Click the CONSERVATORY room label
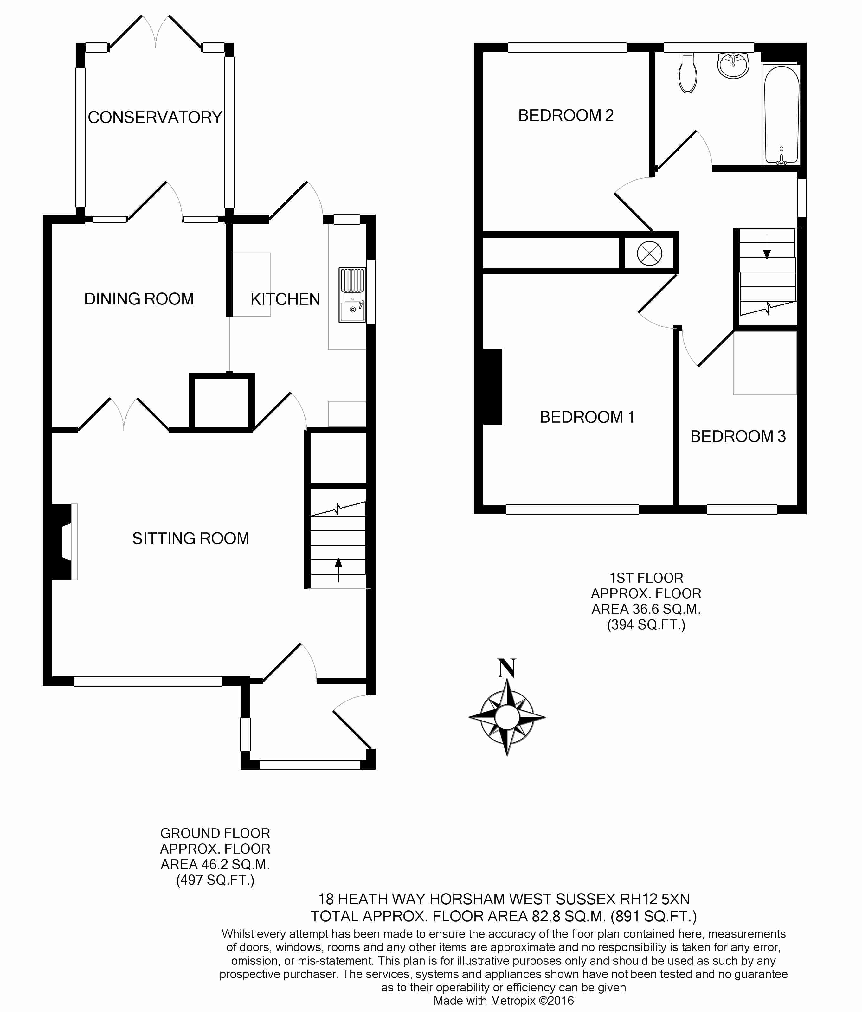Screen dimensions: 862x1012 155,117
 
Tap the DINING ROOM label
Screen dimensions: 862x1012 139,299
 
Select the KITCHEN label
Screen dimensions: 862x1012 285,299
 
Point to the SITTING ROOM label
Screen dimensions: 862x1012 190,538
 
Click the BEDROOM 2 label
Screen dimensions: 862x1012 566,115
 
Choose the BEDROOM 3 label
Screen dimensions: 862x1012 738,436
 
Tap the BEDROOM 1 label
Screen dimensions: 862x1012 587,417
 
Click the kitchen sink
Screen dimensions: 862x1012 352,295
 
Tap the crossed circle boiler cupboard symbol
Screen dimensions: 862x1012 650,253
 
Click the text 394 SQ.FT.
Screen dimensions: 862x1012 646,625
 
